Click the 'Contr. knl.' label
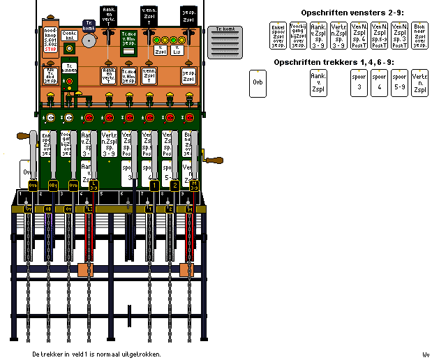(x=70, y=34)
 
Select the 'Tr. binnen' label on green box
(x=70, y=68)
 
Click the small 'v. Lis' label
(x=177, y=50)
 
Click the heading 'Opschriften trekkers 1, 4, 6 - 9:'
(x=333, y=62)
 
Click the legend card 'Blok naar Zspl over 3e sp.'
(x=419, y=36)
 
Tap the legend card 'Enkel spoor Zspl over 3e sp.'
(x=278, y=36)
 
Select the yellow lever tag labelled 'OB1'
(x=52, y=185)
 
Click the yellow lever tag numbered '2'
(x=175, y=185)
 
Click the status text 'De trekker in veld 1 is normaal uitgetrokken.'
(x=97, y=354)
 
